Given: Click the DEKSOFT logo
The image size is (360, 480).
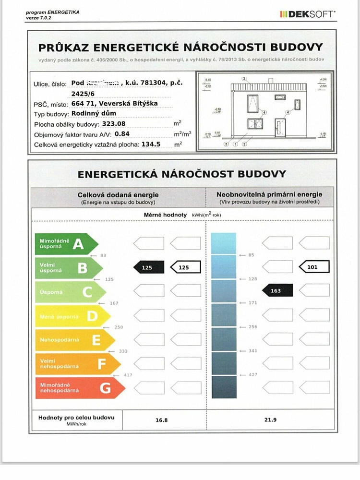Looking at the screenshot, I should coord(308,14).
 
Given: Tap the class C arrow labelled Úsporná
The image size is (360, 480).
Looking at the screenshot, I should coord(70,291).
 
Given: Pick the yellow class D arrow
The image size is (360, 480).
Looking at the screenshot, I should coord(72,316).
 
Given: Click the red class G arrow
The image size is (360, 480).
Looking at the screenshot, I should coord(79,387).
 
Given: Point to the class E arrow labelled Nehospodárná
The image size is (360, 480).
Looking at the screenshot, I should coord(74,340).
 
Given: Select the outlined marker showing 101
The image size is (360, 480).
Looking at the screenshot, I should coord(314,267).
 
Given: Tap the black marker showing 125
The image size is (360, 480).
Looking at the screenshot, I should coord(148,267).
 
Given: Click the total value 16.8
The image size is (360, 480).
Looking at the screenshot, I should coord(162,420).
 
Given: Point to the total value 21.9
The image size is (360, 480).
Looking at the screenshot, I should coord(271,420).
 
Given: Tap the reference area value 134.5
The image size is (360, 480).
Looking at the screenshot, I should coord(151,144).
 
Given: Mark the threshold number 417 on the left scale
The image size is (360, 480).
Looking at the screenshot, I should coord(128,375).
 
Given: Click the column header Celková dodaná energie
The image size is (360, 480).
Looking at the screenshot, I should coord(118,194).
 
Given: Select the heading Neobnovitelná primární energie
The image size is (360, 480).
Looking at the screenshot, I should coord(269,194).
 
